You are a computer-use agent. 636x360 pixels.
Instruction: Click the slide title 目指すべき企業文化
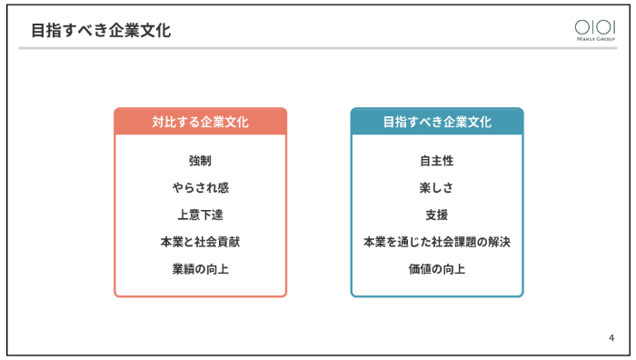tap(100, 30)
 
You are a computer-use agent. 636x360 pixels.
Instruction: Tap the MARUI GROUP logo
tap(594, 30)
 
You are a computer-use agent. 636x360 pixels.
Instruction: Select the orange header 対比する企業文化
tap(200, 122)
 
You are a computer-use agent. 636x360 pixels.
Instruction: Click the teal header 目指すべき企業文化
tap(437, 122)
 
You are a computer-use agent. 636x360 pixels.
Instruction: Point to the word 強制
tap(200, 161)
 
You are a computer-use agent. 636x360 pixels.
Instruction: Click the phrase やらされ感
tap(200, 188)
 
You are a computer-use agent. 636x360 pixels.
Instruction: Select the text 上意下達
tap(200, 215)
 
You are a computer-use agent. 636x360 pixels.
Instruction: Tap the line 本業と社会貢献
tap(200, 242)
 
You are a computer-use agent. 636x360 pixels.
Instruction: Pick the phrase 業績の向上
tap(200, 269)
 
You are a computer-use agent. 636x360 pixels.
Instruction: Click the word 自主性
tap(437, 161)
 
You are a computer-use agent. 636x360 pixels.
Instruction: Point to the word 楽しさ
tap(437, 188)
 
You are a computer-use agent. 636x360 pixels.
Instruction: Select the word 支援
tap(437, 215)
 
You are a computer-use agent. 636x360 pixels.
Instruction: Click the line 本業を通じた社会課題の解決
tap(437, 242)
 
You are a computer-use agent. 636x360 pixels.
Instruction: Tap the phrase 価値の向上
tap(437, 269)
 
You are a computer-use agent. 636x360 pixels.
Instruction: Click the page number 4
tap(611, 338)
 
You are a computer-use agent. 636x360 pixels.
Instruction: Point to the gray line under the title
tap(318, 48)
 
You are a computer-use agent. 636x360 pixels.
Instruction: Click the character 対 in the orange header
tap(157, 122)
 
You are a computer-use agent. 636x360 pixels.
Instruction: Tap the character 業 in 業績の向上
tap(177, 269)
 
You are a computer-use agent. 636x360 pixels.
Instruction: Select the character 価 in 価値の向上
tap(414, 269)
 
